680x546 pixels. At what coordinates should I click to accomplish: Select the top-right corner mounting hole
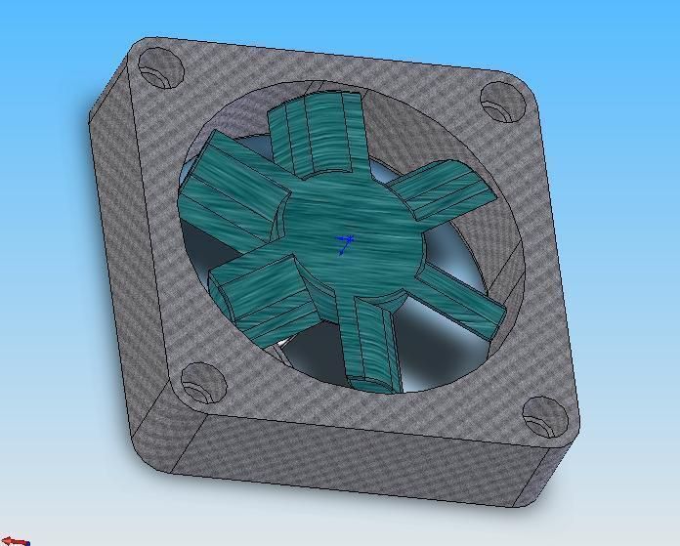click(500, 101)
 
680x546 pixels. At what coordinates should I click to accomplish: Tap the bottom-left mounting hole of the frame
click(199, 382)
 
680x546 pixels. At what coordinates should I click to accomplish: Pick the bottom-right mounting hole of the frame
click(544, 414)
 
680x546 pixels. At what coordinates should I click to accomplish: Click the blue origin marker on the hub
click(345, 241)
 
